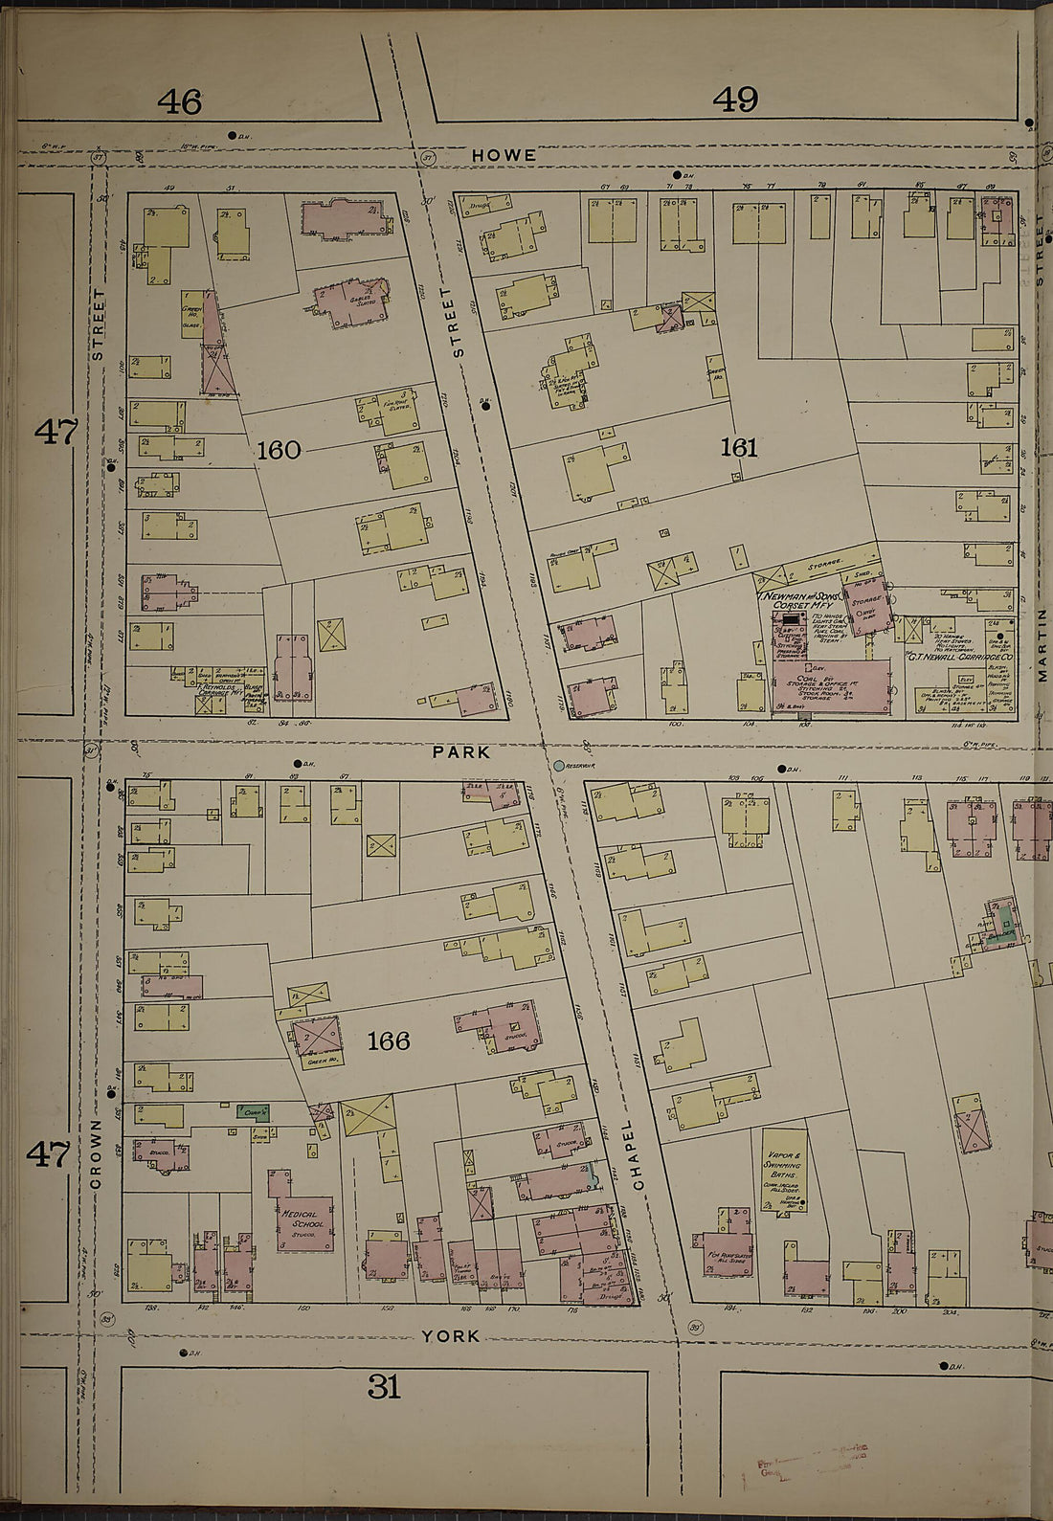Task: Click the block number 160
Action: point(279,449)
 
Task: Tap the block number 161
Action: point(739,447)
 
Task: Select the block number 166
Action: point(389,1040)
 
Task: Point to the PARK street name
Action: point(461,752)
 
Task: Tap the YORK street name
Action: point(451,1336)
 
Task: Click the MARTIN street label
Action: point(1042,643)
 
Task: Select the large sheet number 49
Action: point(735,99)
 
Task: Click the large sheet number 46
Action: point(180,101)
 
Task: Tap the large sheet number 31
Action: point(384,1385)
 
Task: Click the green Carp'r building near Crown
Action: point(254,1112)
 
